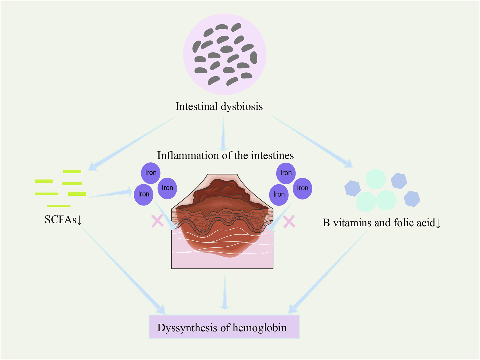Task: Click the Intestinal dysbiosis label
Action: pyautogui.click(x=219, y=106)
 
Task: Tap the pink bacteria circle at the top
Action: pyautogui.click(x=225, y=54)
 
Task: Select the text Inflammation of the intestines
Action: pyautogui.click(x=225, y=155)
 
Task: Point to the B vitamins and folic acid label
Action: pyautogui.click(x=381, y=223)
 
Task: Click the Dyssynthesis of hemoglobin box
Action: pyautogui.click(x=224, y=327)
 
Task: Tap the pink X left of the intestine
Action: pyautogui.click(x=157, y=221)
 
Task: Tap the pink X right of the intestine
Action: pyautogui.click(x=289, y=221)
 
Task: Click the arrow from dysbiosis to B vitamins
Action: pyautogui.click(x=312, y=140)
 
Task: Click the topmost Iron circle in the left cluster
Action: pyautogui.click(x=151, y=173)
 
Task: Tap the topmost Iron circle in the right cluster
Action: pyautogui.click(x=286, y=173)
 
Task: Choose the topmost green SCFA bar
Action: pyautogui.click(x=72, y=171)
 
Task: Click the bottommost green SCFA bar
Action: pyautogui.click(x=59, y=206)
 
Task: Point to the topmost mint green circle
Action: pyautogui.click(x=375, y=179)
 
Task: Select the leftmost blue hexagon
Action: pyautogui.click(x=352, y=188)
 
